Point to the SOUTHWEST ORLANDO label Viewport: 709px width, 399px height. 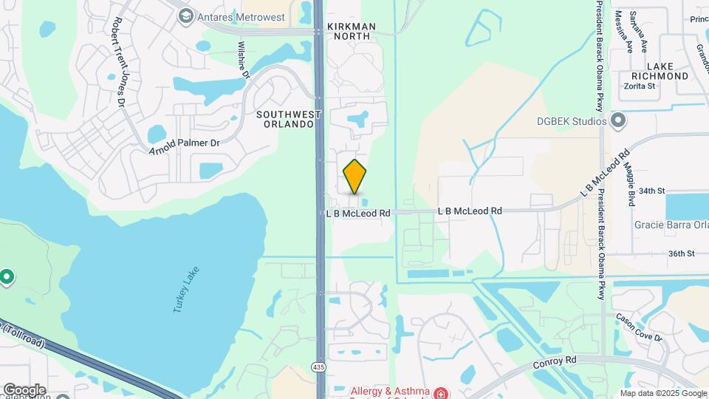pos(290,119)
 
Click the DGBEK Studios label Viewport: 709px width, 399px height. pos(572,120)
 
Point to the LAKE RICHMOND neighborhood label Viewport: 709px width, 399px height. pos(662,71)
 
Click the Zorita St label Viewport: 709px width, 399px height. pos(640,86)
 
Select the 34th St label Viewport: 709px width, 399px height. pos(652,191)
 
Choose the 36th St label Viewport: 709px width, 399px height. pos(682,253)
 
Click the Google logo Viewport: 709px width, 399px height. pos(24,389)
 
